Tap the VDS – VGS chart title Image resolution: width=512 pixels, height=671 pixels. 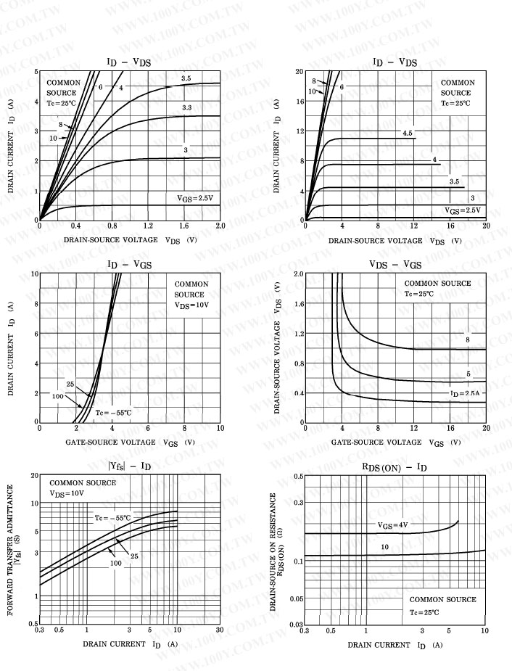(x=395, y=265)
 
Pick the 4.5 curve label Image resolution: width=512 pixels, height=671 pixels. (x=408, y=133)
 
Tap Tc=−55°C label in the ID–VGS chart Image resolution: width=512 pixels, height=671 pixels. (x=114, y=412)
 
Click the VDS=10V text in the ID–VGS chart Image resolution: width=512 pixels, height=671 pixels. (x=191, y=305)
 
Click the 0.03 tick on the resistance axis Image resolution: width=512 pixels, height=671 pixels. (x=296, y=625)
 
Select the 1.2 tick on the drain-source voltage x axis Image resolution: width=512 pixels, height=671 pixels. (x=149, y=226)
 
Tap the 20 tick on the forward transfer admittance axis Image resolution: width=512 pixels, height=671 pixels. (x=34, y=475)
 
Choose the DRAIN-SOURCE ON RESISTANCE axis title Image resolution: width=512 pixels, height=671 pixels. (x=273, y=551)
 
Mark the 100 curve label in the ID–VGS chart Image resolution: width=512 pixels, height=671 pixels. (x=57, y=396)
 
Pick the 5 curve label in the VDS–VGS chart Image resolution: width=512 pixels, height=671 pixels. (x=468, y=374)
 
